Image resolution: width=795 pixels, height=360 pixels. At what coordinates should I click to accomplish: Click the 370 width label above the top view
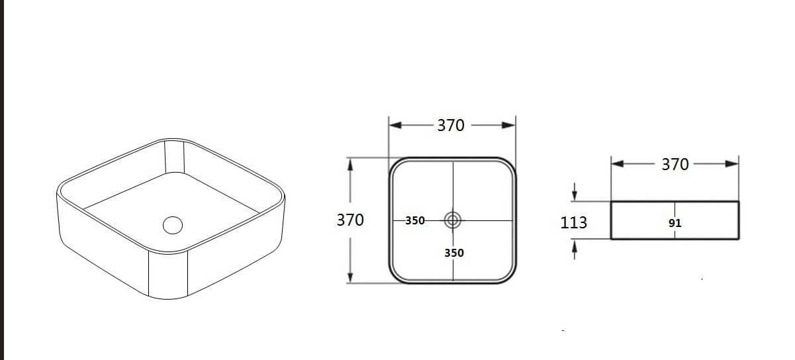[x=451, y=125]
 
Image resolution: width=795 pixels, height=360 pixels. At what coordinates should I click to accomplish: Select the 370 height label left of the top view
[x=350, y=220]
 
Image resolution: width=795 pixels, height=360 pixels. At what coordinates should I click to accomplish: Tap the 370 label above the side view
[x=675, y=164]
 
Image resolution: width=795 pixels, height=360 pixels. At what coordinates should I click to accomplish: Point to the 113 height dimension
[x=573, y=222]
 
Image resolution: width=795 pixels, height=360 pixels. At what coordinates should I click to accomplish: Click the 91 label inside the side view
[x=675, y=224]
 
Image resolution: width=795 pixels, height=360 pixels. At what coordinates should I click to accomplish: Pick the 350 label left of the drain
[x=415, y=221]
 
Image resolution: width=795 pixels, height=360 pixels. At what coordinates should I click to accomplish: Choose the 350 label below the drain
[x=454, y=253]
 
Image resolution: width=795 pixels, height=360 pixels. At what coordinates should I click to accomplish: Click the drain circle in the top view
[x=453, y=220]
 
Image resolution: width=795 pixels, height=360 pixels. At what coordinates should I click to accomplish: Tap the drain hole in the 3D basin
[x=172, y=224]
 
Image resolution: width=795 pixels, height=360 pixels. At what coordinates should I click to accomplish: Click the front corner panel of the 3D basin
[x=169, y=275]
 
